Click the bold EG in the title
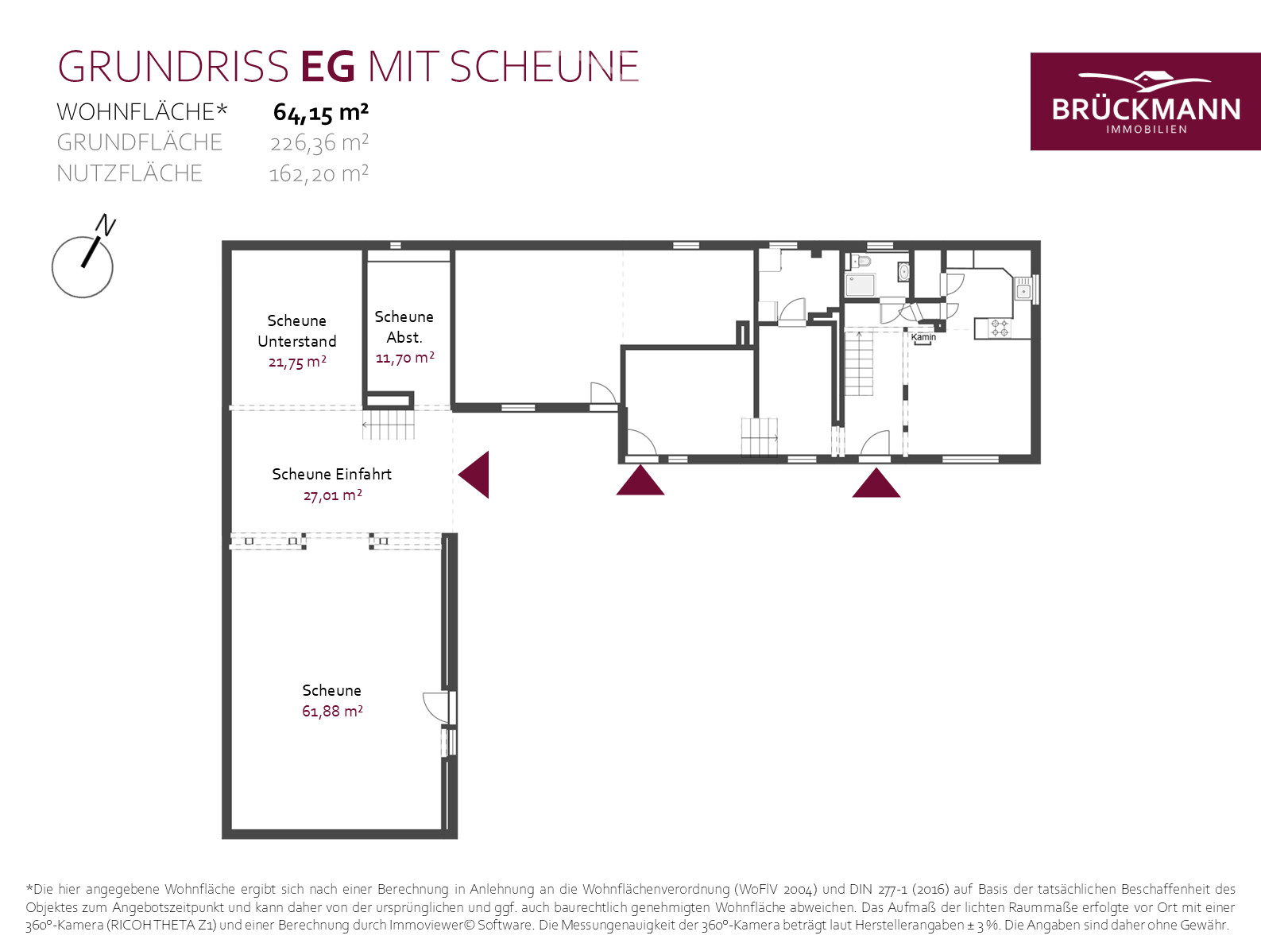(x=328, y=67)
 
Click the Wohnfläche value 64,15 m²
(x=320, y=113)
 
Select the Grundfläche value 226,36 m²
(x=319, y=143)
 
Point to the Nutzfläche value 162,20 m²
(x=319, y=173)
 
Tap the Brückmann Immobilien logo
(x=1145, y=102)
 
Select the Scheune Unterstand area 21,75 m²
(x=297, y=362)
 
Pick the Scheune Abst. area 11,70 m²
(x=404, y=358)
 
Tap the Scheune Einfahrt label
(x=331, y=474)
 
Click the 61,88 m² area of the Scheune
(x=332, y=712)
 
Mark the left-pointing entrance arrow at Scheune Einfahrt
(x=474, y=475)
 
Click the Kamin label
(x=923, y=337)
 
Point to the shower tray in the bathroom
(x=860, y=285)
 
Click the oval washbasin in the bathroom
(x=903, y=272)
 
